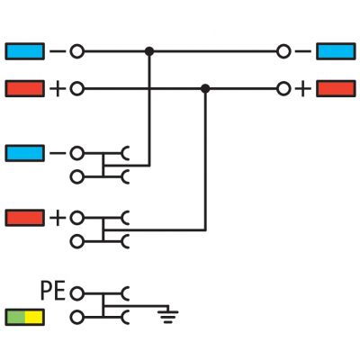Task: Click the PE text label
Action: tap(53, 291)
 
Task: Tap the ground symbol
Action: tap(168, 315)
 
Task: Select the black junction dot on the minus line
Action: tap(149, 51)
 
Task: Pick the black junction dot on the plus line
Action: tap(205, 88)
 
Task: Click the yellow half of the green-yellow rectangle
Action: tap(35, 318)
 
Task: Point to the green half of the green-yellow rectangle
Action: tap(15, 318)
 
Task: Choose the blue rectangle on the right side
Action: tap(336, 51)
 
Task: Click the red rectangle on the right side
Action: tap(336, 88)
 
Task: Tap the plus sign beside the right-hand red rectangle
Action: tap(303, 89)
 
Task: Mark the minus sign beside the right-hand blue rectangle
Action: tap(303, 51)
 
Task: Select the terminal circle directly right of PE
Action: tap(77, 293)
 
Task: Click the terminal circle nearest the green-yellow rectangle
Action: tap(77, 318)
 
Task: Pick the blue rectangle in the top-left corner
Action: tap(25, 51)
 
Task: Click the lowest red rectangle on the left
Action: tap(25, 218)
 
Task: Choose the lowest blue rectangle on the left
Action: tap(25, 153)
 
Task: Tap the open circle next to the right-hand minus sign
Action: tap(283, 51)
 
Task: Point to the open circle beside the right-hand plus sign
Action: tap(283, 89)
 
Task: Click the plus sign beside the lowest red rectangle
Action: tap(58, 218)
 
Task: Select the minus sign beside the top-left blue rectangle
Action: tap(58, 51)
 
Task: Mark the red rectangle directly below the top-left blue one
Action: tap(25, 88)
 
